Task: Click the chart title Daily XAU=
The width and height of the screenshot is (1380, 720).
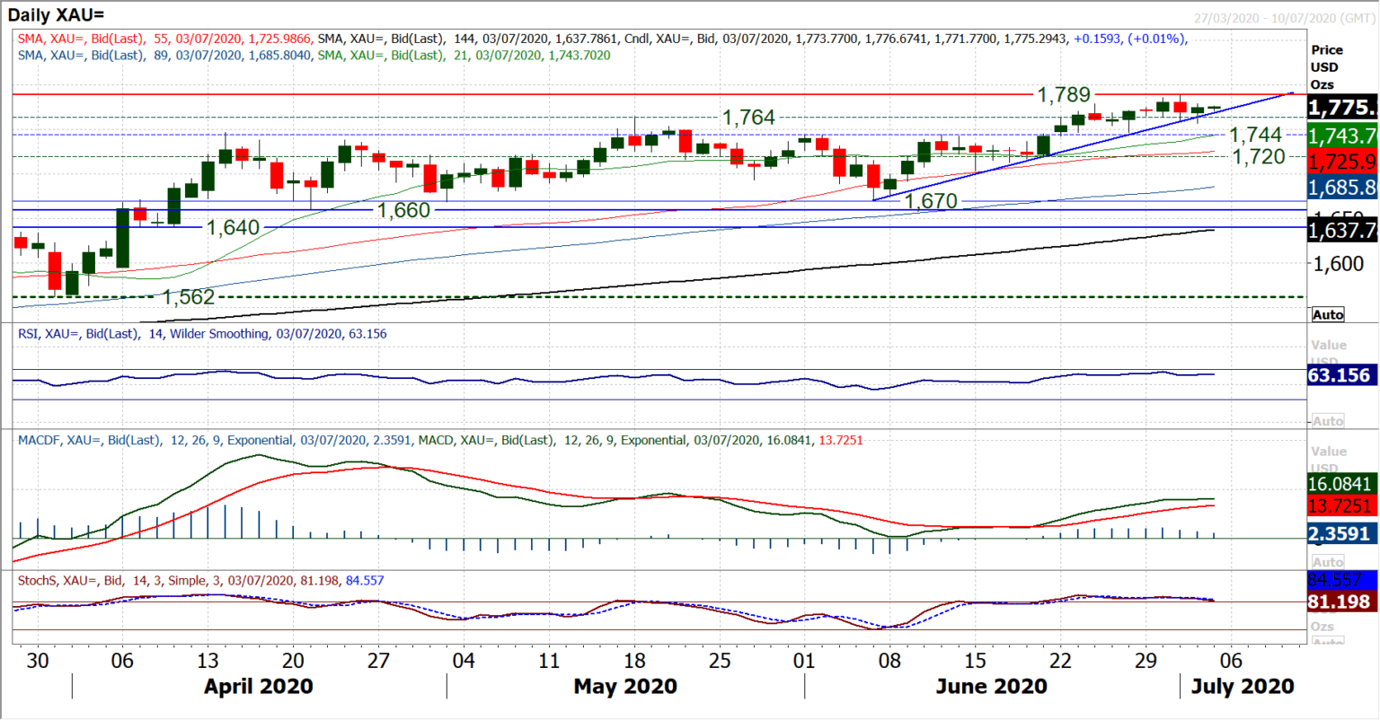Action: pos(56,14)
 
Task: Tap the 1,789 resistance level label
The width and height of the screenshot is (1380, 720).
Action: pos(1063,94)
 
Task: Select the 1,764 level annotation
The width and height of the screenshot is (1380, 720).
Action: pos(748,118)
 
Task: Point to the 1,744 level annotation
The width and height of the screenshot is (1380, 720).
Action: pos(1255,135)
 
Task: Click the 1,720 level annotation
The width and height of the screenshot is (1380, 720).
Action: pos(1258,156)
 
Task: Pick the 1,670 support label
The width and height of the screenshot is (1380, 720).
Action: pos(931,200)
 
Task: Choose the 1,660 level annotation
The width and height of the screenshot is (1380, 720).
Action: pos(403,209)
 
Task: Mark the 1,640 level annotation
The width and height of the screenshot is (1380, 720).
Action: pos(233,227)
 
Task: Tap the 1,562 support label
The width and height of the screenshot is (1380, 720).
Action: pos(189,297)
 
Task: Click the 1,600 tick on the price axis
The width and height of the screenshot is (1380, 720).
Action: pos(1338,264)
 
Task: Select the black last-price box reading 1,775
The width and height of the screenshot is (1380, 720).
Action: pos(1341,108)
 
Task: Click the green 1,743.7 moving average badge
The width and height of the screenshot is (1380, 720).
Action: pos(1341,136)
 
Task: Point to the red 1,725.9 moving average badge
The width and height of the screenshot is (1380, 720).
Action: pos(1341,162)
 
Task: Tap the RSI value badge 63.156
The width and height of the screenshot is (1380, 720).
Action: pos(1339,375)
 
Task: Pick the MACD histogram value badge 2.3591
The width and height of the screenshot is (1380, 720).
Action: pos(1339,534)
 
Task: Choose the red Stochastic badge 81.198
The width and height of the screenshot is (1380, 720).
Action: pos(1339,601)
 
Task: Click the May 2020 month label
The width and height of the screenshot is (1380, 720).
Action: pos(624,687)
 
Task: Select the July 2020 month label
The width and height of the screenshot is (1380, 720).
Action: pos(1243,687)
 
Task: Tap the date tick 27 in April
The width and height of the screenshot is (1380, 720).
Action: pos(378,661)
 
